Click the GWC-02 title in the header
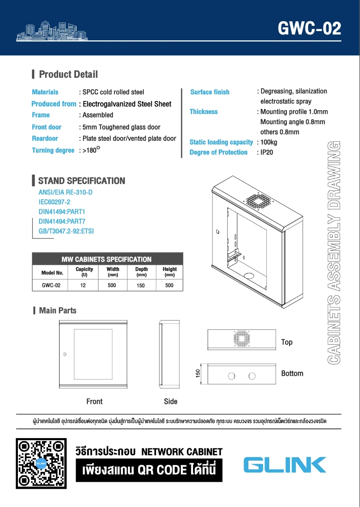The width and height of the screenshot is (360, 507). [309, 29]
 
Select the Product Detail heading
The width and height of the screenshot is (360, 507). [68, 75]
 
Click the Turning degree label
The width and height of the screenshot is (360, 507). [53, 150]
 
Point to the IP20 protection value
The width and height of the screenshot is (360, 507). [267, 152]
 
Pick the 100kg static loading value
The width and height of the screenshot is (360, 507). [269, 142]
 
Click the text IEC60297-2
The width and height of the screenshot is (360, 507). [54, 202]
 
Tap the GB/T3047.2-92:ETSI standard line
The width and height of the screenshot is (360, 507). [66, 231]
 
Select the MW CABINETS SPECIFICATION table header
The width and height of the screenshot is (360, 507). [106, 259]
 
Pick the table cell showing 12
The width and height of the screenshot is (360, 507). [83, 285]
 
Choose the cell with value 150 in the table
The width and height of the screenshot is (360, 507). [140, 285]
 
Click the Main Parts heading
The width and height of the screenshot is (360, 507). [57, 311]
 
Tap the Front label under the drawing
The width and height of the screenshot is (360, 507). [94, 402]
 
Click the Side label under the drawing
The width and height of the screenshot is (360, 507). [171, 402]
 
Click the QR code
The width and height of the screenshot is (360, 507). [41, 463]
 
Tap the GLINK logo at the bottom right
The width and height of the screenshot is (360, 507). [285, 464]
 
